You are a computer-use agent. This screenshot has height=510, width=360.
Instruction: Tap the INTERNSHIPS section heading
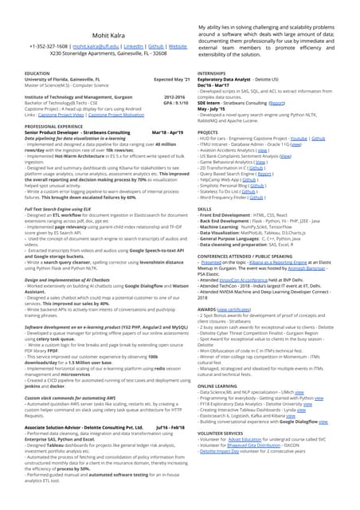[216, 73]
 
